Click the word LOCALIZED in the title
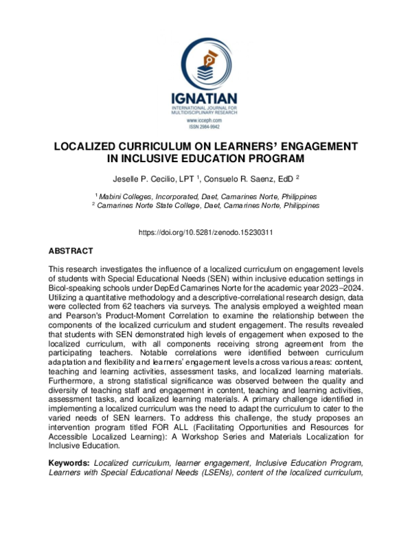tap(95, 147)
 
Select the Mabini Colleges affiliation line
tap(205, 196)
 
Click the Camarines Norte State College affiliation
tap(205, 205)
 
